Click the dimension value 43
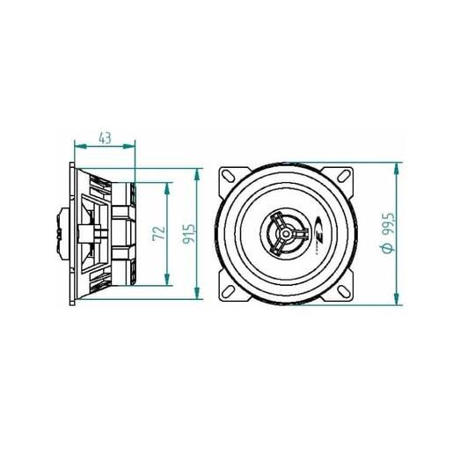coord(105,136)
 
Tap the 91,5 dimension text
coord(188,233)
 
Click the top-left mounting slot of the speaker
coord(230,175)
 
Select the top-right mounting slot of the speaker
coord(344,175)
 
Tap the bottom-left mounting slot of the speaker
coord(230,290)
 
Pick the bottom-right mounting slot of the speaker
coord(344,290)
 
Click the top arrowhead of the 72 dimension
coord(167,186)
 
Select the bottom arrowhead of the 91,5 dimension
coord(196,296)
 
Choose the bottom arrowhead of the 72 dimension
coord(167,281)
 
